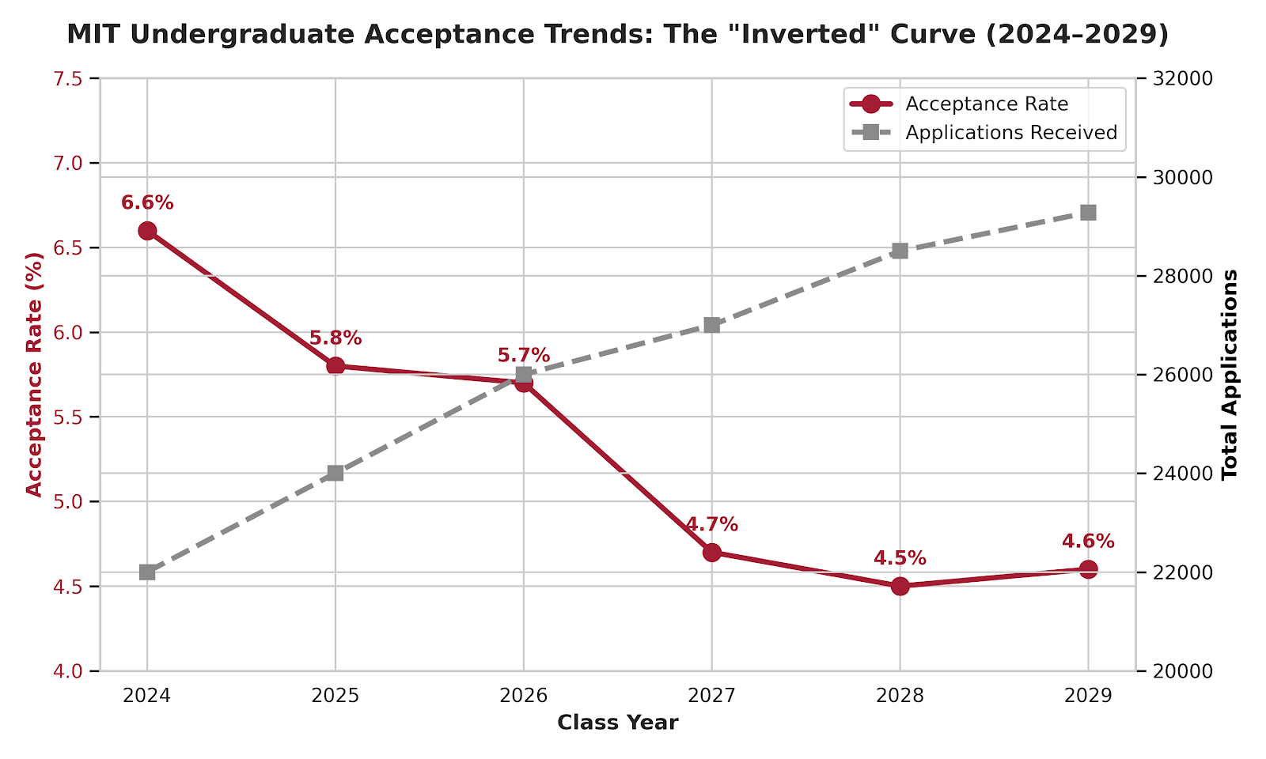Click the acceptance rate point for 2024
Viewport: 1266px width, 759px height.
(x=147, y=231)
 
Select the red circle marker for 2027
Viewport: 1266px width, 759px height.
(x=712, y=552)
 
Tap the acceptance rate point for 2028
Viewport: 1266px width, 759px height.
(x=900, y=586)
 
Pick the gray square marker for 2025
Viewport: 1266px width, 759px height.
(x=335, y=474)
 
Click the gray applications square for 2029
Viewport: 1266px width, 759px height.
(x=1088, y=213)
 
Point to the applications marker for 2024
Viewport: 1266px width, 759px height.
(x=147, y=572)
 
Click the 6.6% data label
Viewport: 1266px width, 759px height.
(x=147, y=203)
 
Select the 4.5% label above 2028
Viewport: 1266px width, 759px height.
(x=900, y=558)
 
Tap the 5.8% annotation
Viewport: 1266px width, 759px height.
(x=335, y=338)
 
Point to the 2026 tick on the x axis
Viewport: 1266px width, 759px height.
(x=524, y=696)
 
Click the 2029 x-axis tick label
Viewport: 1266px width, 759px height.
(x=1088, y=696)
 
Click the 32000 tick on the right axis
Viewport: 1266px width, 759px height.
(x=1179, y=79)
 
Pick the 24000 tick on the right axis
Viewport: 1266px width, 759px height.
(x=1179, y=474)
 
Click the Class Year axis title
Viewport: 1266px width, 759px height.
(x=617, y=723)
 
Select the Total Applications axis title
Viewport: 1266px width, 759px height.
(x=1230, y=375)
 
